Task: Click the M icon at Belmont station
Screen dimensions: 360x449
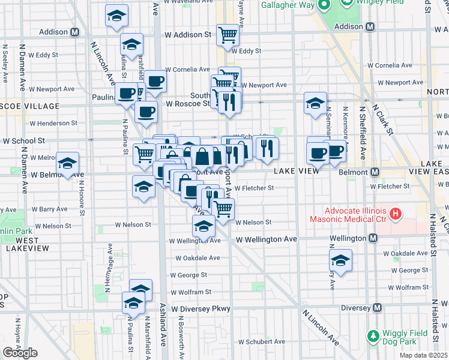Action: pos(375,172)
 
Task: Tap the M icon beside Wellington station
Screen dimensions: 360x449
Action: pos(373,239)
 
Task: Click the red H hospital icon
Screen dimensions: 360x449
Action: pos(395,212)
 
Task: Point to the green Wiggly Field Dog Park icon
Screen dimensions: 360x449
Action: pos(373,334)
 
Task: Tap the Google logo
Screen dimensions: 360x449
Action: pos(20,353)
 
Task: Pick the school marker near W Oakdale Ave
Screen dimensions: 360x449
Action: pos(340,260)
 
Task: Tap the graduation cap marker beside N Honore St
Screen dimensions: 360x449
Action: pos(67,164)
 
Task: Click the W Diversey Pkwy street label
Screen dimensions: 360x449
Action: pos(200,309)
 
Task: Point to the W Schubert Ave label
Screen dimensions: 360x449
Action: pos(260,342)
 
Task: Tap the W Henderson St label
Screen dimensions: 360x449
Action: pos(53,123)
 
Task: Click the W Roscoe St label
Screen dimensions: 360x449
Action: pos(188,103)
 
